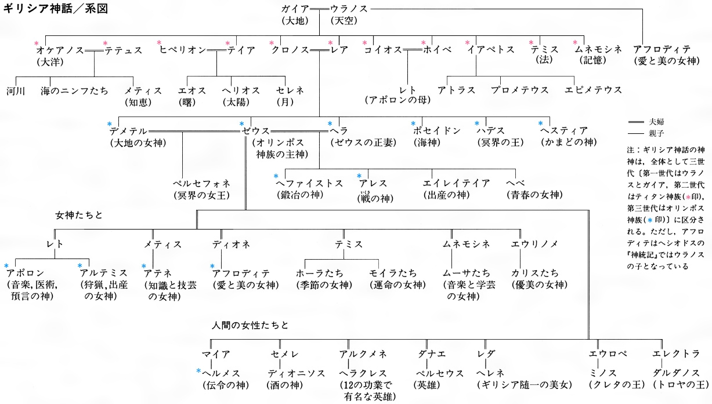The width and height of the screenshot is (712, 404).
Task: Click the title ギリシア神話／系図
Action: pos(56,9)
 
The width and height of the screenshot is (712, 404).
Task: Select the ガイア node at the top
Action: pos(295,9)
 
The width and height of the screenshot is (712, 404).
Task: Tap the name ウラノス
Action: pos(349,9)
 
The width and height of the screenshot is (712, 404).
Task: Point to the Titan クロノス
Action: pos(290,50)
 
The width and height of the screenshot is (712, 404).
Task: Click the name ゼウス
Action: pos(255,131)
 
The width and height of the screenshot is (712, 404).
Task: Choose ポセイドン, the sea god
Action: pos(437,130)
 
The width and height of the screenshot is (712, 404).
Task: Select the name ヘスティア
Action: pos(563,130)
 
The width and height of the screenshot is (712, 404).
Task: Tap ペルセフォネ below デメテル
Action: pos(201,184)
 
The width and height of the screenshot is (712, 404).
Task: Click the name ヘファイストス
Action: pos(309,184)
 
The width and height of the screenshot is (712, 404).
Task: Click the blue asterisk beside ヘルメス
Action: pos(198,370)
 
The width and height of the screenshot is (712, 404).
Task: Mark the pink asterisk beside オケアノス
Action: pos(37,43)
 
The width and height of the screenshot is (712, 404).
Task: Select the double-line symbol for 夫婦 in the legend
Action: pos(636,122)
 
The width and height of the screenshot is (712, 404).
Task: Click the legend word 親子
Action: pos(656,133)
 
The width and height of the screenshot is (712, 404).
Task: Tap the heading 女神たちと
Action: pos(79,216)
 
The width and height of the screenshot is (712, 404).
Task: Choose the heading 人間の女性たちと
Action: pos(250,325)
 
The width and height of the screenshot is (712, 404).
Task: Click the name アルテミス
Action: pos(104,273)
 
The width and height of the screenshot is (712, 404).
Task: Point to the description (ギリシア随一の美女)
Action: pos(525,385)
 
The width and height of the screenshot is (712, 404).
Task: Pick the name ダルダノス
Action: pos(677,373)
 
